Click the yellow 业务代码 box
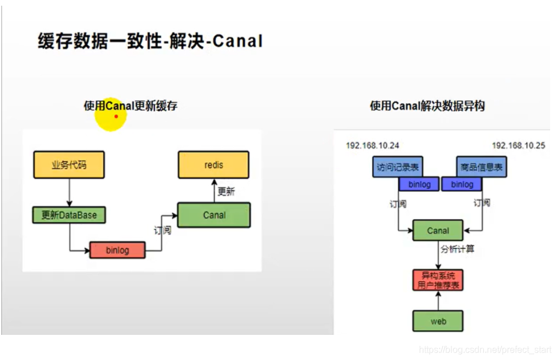(x=69, y=165)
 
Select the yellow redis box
(x=213, y=165)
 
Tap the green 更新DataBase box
(x=69, y=215)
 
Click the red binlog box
(x=117, y=250)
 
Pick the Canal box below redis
(x=214, y=215)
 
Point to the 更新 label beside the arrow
(x=227, y=191)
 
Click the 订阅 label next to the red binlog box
(x=163, y=230)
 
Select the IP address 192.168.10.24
(x=373, y=145)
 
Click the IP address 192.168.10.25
(x=518, y=145)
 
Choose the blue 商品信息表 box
(x=481, y=168)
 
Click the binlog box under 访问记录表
(x=419, y=184)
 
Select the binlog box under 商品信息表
(x=462, y=184)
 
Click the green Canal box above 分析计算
(x=438, y=230)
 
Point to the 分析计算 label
(x=457, y=249)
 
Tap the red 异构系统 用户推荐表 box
(x=438, y=280)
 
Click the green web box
(x=438, y=321)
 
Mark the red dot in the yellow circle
(x=116, y=116)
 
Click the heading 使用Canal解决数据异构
(x=427, y=106)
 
